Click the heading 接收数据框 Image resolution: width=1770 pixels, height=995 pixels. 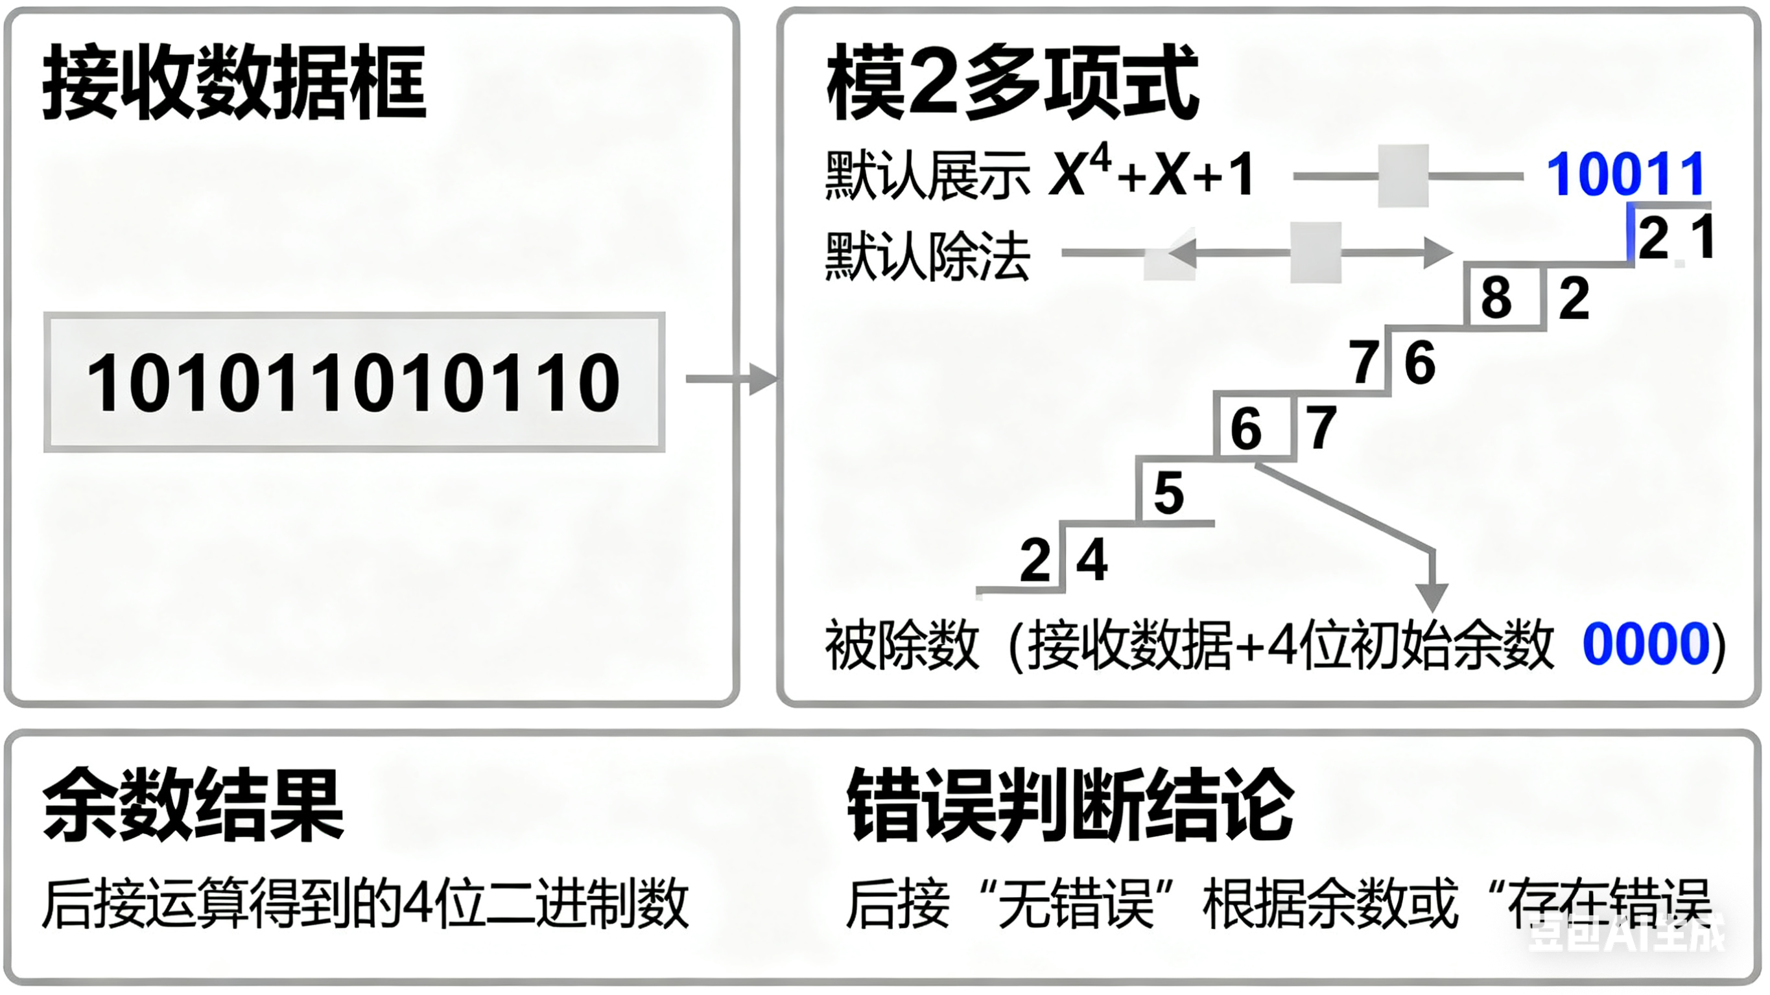pos(234,83)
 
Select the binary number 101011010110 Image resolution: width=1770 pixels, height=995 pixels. pos(354,382)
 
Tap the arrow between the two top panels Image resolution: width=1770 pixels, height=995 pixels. pos(731,379)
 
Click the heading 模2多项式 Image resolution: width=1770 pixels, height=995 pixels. pos(1012,83)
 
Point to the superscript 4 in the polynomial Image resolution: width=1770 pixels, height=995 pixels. pos(1101,159)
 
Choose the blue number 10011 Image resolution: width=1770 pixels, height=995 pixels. pos(1625,174)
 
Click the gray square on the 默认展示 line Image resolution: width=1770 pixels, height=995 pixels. pos(1404,175)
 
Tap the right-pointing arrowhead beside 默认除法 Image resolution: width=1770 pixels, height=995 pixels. pos(1437,252)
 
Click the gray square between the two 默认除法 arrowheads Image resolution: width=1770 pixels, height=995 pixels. pos(1316,252)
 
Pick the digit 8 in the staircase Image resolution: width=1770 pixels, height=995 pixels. pos(1496,298)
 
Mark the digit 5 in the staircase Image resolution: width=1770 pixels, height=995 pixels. pos(1169,493)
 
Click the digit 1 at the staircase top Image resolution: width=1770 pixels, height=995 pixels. pos(1703,237)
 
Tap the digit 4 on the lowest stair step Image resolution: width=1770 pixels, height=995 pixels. pos(1092,560)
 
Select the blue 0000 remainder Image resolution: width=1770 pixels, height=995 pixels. pos(1646,644)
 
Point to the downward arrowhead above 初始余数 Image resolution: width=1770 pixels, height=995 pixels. pos(1433,596)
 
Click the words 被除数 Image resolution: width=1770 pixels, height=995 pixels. pos(901,644)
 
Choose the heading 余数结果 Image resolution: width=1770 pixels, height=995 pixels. pos(193,804)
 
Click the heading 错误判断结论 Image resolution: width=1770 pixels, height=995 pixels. pos(1070,804)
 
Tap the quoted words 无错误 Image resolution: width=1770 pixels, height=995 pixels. pos(1076,904)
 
